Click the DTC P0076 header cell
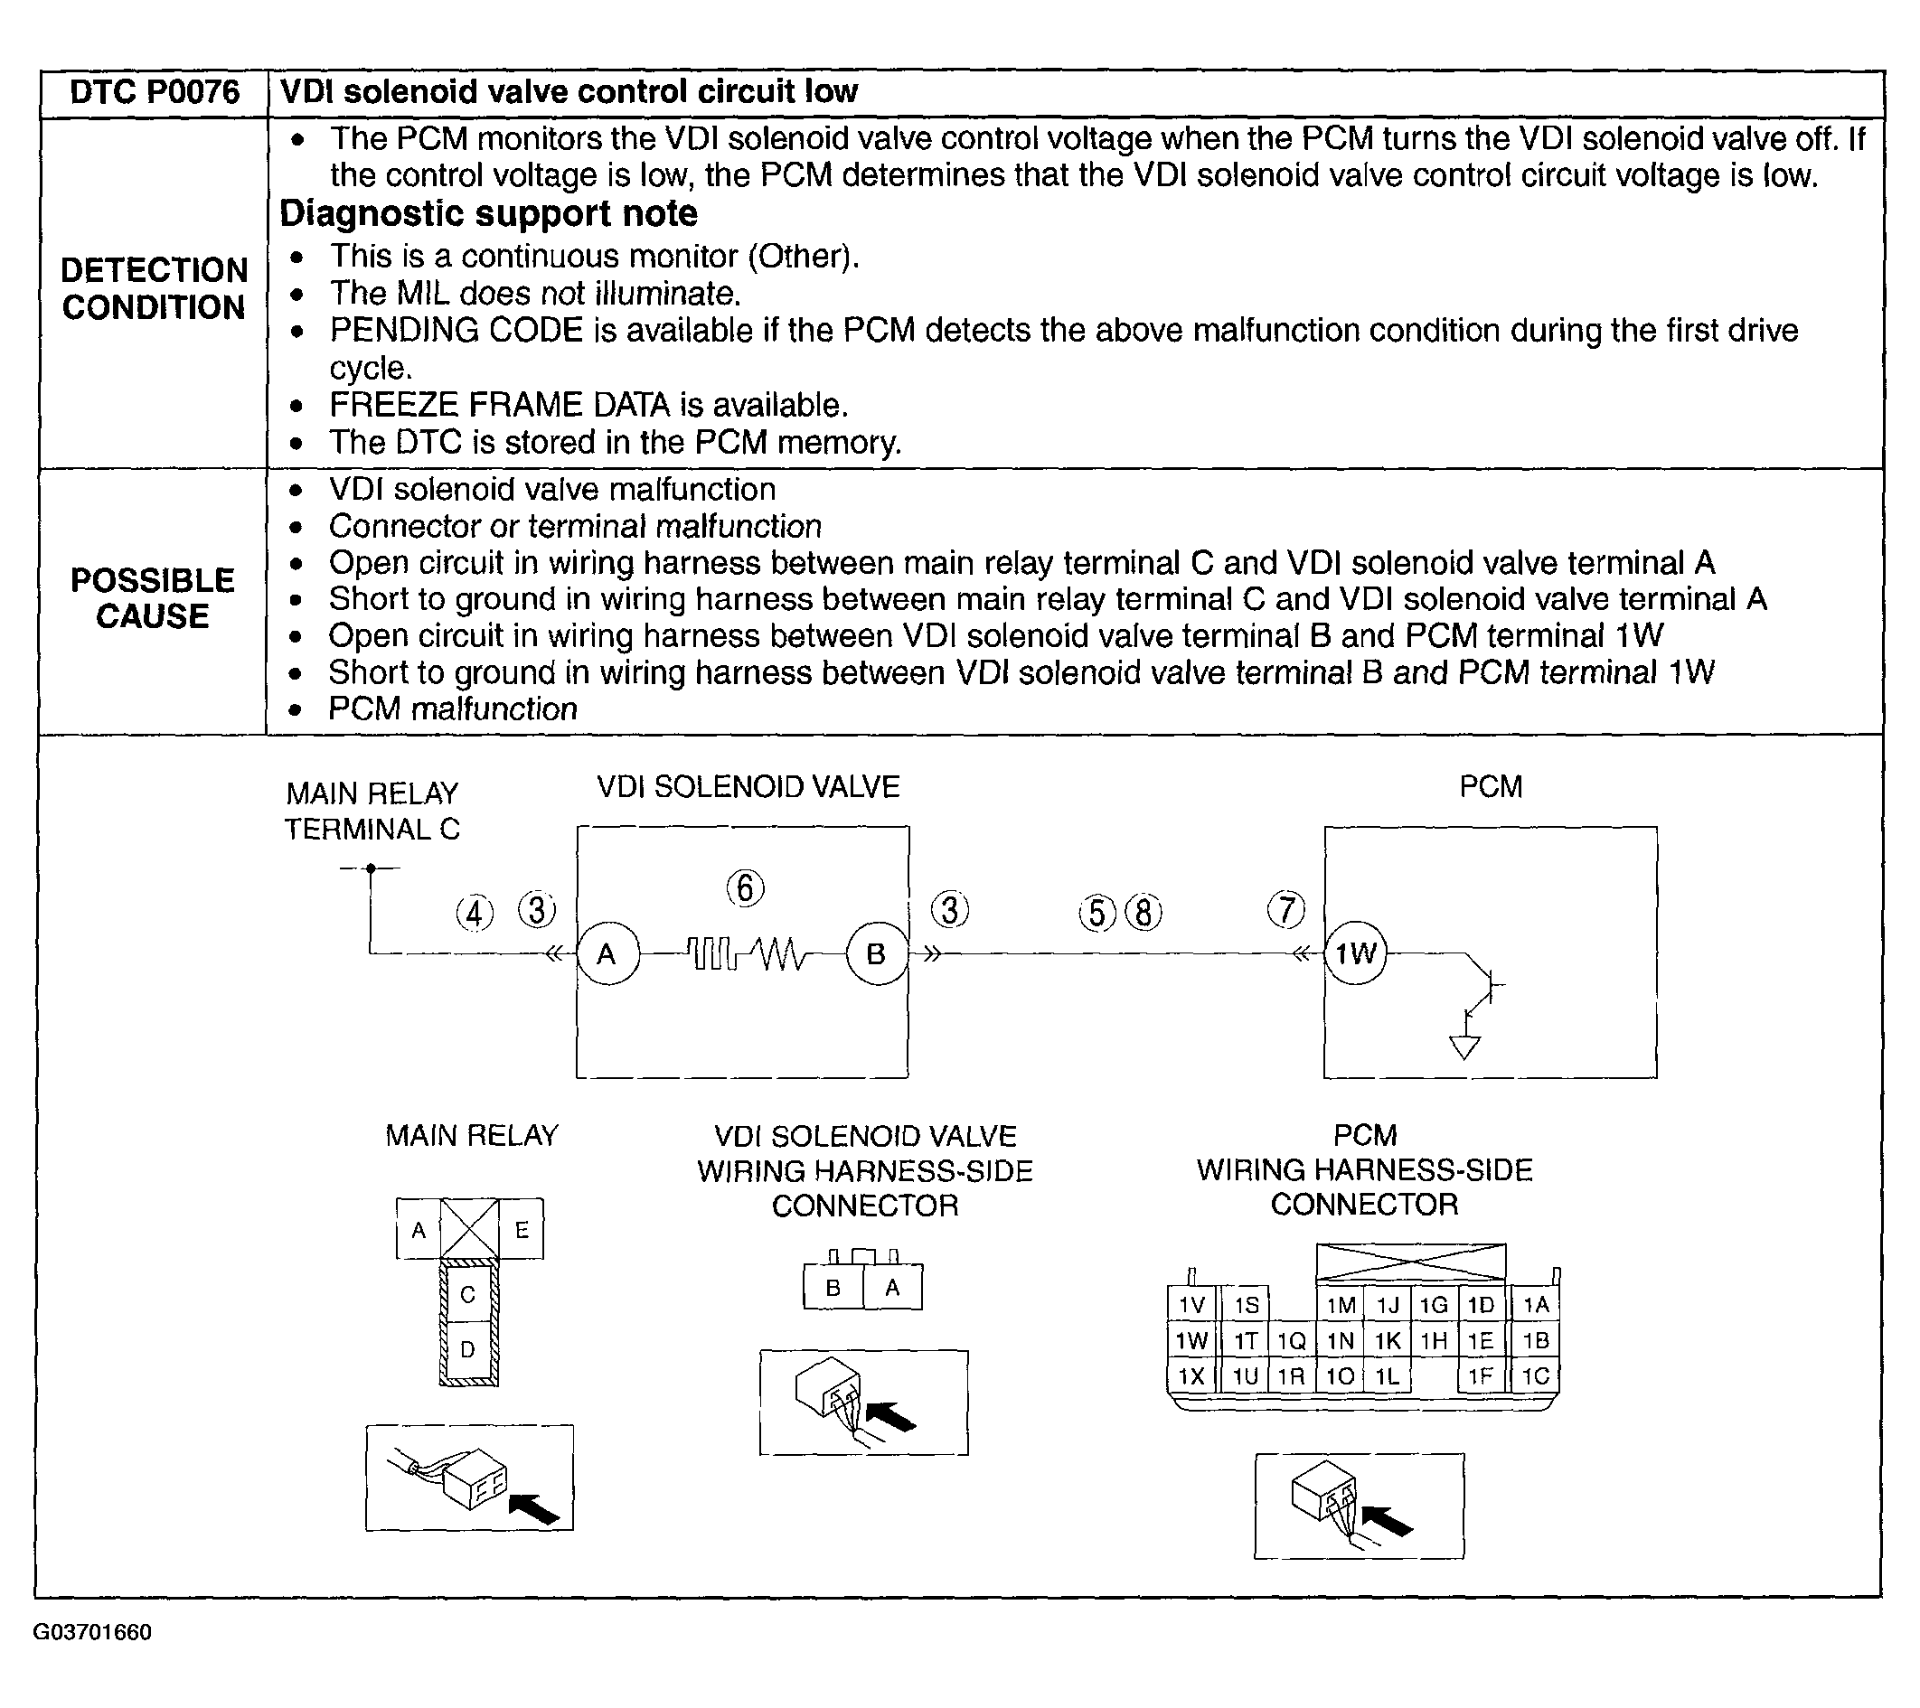click(154, 92)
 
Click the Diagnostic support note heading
click(488, 214)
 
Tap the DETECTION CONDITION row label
click(154, 288)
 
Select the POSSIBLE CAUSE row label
click(152, 598)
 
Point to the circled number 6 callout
click(745, 888)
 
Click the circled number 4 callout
click(475, 913)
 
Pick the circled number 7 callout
click(1286, 910)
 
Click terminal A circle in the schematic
click(607, 954)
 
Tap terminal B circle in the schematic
click(877, 954)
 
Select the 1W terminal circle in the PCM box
click(1355, 954)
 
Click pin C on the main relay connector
click(467, 1295)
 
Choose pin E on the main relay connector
click(522, 1229)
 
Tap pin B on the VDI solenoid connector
click(833, 1289)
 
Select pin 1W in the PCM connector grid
click(1191, 1341)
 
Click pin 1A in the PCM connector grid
click(1536, 1305)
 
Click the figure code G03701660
click(92, 1632)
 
